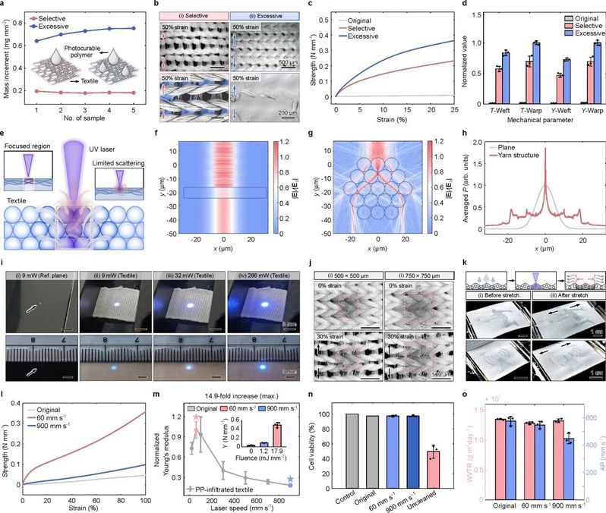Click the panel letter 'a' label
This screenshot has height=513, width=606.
tap(4, 5)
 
